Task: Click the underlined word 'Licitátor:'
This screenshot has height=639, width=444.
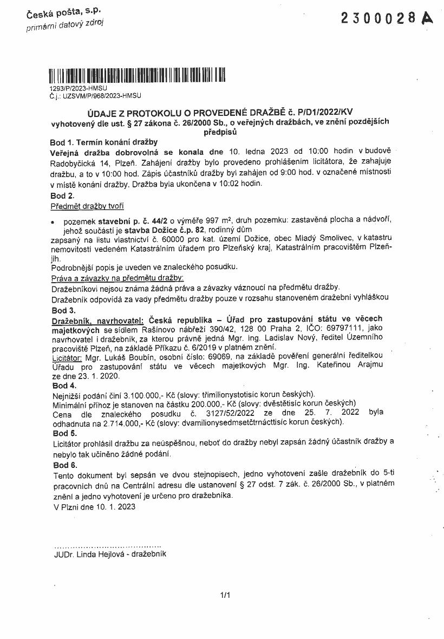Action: [x=67, y=357]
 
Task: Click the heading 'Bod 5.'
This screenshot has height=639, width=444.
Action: [x=64, y=433]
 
